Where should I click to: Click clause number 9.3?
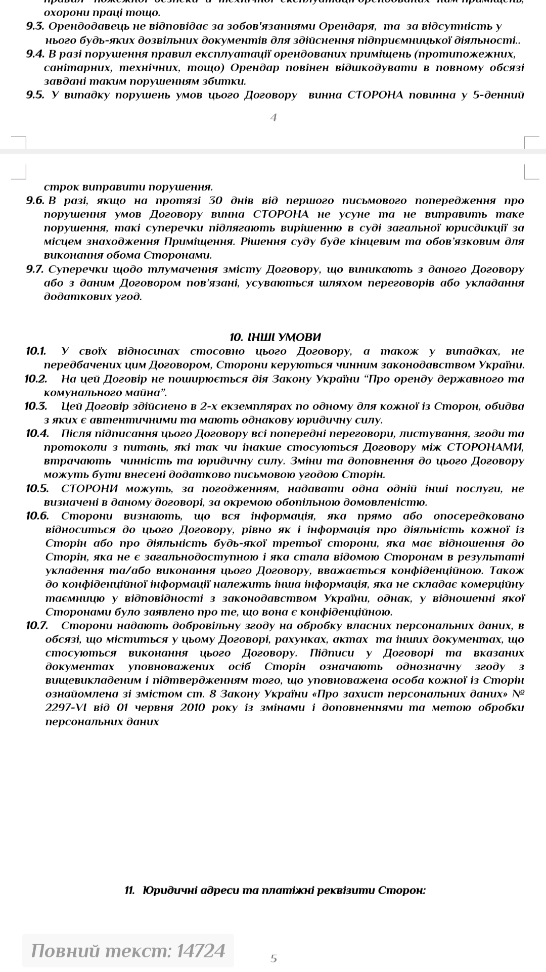[35, 26]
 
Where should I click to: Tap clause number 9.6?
[35, 201]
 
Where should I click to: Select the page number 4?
[274, 118]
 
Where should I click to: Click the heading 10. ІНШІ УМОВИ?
[275, 337]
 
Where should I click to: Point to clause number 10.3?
[36, 406]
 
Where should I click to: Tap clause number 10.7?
[36, 625]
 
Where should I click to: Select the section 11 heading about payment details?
[275, 890]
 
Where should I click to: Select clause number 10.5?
[37, 488]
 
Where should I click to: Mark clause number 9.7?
[35, 269]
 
